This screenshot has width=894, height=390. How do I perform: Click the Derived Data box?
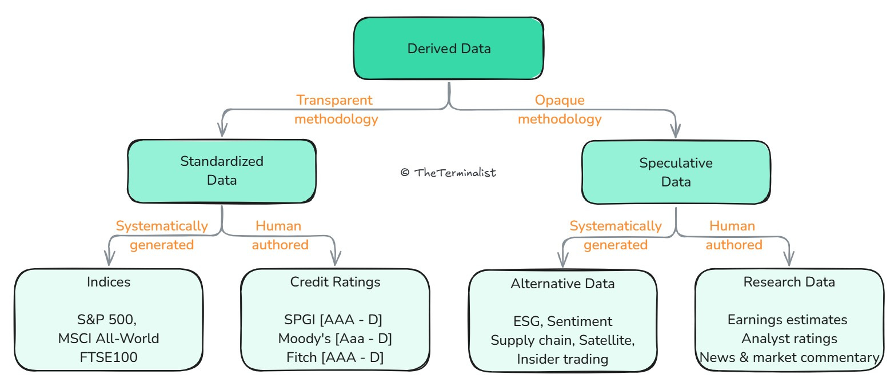pos(449,48)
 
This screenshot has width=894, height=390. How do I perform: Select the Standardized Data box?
pos(222,171)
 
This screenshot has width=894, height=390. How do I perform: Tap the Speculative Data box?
pos(676,172)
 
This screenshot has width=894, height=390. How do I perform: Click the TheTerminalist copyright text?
pos(448,173)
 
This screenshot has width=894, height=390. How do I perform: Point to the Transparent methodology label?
pos(336,109)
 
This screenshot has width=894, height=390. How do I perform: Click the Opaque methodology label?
pos(560,109)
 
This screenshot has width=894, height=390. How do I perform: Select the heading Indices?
pos(109,282)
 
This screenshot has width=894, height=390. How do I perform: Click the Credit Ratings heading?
pos(335,282)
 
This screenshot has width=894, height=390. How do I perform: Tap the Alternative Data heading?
pos(562,284)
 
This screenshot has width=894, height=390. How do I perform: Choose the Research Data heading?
pos(789,282)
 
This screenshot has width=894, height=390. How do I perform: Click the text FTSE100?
pos(109,357)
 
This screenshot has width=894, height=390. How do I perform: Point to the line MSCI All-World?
pos(109,339)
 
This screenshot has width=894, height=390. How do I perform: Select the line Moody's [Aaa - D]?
pos(335,339)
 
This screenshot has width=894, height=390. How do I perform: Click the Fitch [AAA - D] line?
pos(335,357)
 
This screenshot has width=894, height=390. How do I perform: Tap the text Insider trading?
pos(562,359)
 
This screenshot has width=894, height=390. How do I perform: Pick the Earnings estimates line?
pos(788,320)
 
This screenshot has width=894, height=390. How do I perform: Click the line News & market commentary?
pos(789,357)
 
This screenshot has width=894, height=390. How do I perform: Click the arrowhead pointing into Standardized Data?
pos(222,130)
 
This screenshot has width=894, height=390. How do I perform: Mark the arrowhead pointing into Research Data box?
pos(789,258)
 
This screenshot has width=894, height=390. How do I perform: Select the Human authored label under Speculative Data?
pos(733,235)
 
